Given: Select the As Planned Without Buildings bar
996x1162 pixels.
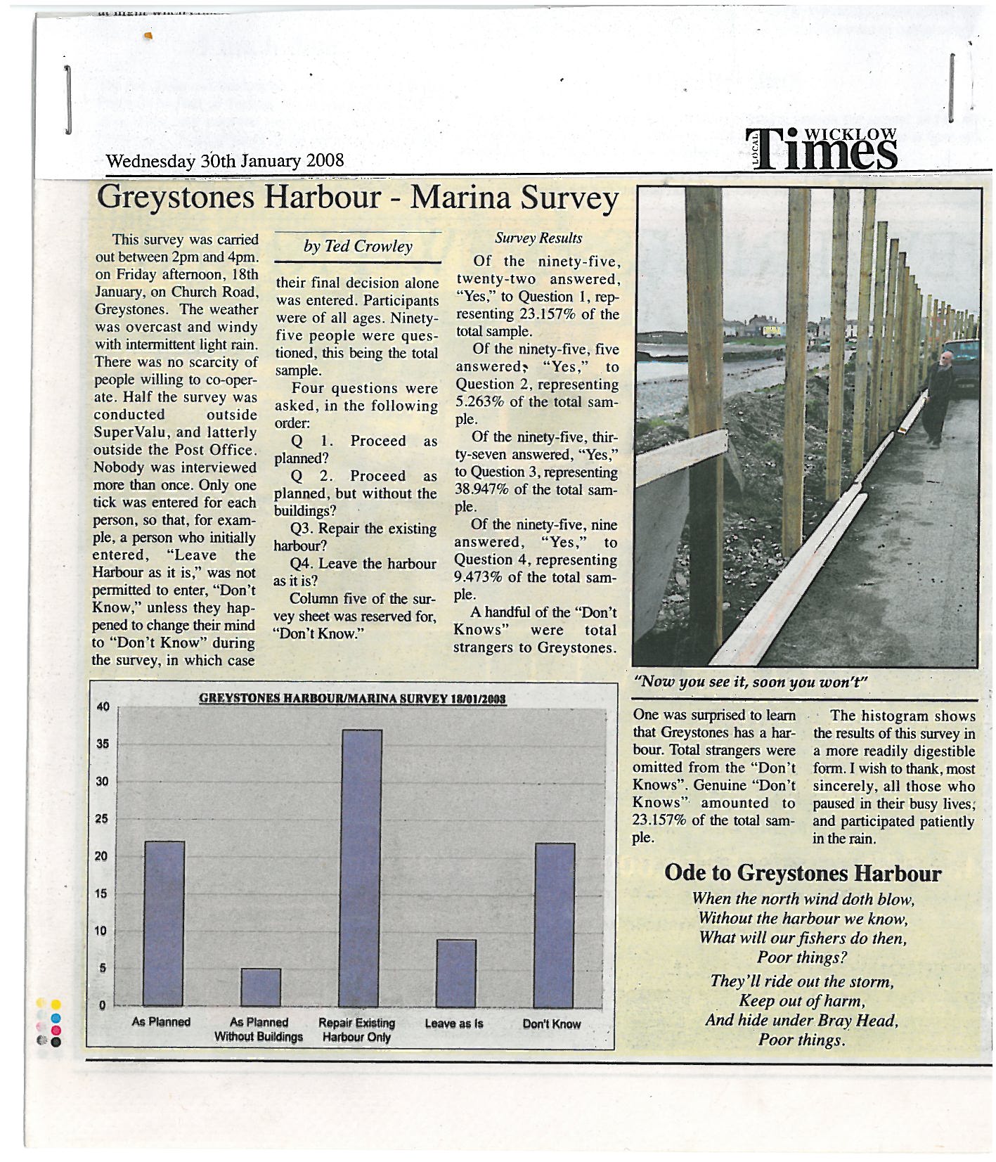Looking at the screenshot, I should coord(260,987).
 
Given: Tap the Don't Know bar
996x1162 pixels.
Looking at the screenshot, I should coord(555,924).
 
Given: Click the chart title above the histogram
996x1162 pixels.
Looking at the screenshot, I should coord(354,699).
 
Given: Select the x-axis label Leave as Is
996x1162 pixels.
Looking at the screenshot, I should coord(454,1024).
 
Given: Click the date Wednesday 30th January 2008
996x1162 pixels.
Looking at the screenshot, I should coord(224,160).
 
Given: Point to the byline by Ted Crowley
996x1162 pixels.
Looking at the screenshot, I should coord(358,246).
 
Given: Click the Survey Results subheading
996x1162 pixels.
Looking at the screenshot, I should coord(538,238).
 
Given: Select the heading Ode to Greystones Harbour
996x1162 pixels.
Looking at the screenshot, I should coord(802,873).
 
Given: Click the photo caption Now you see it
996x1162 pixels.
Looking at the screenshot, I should coord(751,682).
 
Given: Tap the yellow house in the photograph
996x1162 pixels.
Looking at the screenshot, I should coord(772,328).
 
